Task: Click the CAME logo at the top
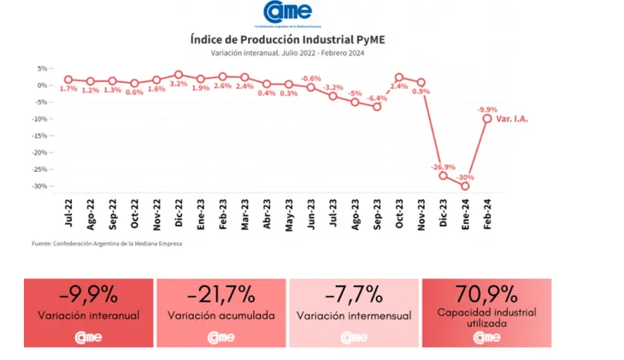tap(289, 14)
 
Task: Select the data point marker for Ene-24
tap(465, 186)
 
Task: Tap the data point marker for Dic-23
tap(443, 175)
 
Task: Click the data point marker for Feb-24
tap(487, 119)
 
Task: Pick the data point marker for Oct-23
tap(398, 78)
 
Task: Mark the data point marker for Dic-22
tap(179, 75)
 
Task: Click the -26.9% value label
tap(443, 167)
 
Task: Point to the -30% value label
tap(466, 177)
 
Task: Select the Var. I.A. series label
tap(512, 119)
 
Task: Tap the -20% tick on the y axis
tap(39, 152)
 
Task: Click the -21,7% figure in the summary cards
tap(221, 295)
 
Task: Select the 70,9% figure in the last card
tap(486, 293)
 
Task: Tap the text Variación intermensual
tap(354, 316)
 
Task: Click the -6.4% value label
tap(377, 98)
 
